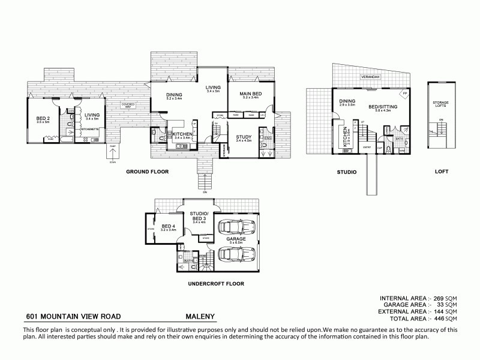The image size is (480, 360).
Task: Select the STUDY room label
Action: (x=244, y=137)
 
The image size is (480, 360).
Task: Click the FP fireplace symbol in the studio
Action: (x=404, y=95)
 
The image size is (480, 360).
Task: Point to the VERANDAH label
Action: (x=369, y=77)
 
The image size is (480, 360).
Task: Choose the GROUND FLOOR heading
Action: (x=147, y=172)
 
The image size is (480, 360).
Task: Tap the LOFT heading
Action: (x=442, y=172)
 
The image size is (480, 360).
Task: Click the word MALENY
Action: (x=200, y=316)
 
